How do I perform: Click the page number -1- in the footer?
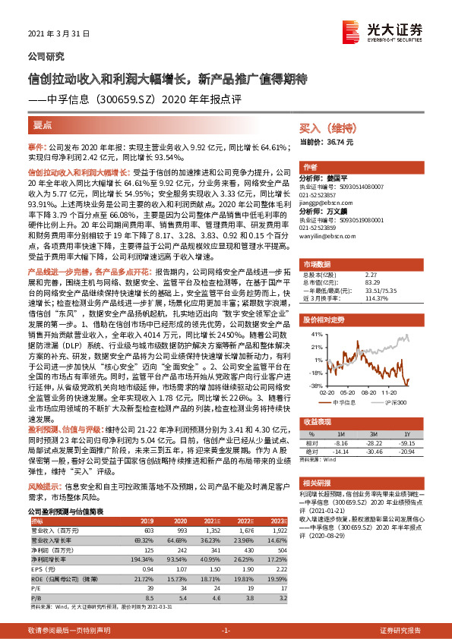point(226,630)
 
